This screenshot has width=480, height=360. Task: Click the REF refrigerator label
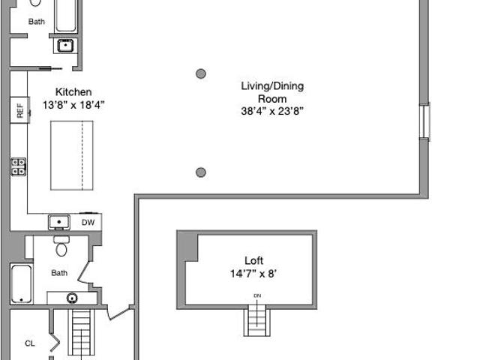coord(20,110)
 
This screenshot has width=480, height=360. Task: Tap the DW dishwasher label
coord(88,223)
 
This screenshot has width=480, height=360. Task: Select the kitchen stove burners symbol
coord(19,166)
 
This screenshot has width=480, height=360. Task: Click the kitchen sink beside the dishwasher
coord(59,222)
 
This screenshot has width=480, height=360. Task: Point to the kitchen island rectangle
coord(72,155)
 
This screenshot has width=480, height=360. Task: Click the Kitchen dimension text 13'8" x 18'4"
coord(73,105)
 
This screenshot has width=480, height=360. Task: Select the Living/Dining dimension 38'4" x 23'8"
coord(272,111)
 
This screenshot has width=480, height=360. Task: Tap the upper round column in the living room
coord(201,73)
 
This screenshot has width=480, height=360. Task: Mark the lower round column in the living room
coord(201,172)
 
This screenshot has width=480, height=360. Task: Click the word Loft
coord(253,260)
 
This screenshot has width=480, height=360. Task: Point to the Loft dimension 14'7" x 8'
coord(253,273)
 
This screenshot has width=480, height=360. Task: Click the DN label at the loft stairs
coord(257,295)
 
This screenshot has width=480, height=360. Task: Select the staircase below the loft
coord(256,320)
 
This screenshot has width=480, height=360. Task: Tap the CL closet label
coord(30,343)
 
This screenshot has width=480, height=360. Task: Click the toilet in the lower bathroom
coord(61,246)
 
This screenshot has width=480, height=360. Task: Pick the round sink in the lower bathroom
coord(72,298)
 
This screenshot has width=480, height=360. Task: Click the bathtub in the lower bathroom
coord(22,283)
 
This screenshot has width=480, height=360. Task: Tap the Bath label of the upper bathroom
coord(37,22)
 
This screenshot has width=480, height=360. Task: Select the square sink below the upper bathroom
coord(65,46)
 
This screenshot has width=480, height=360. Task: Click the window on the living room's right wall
coord(424,121)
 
